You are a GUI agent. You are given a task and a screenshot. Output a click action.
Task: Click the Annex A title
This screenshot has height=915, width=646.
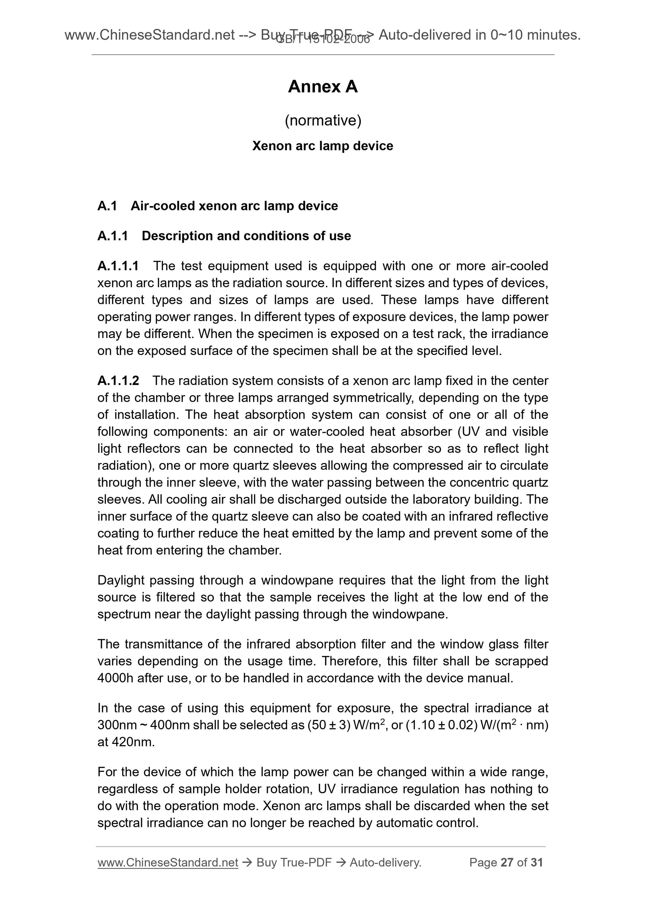point(322,87)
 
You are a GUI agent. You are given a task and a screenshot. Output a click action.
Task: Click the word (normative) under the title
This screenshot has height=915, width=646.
point(323,120)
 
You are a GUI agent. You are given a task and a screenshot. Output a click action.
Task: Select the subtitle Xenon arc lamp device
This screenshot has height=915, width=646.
point(322,146)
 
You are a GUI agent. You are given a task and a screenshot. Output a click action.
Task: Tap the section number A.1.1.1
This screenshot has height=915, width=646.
point(118,266)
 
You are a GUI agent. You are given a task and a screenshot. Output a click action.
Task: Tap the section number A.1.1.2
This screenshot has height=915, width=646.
point(118,381)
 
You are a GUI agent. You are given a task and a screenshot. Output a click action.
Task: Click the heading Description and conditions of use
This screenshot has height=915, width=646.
point(246,236)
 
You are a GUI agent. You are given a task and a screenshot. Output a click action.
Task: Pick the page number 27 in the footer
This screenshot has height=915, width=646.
point(507,862)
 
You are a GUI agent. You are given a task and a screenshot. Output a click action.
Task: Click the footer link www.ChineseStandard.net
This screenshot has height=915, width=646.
point(168,862)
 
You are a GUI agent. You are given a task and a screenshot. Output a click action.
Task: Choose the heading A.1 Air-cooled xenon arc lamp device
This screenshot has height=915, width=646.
point(217,206)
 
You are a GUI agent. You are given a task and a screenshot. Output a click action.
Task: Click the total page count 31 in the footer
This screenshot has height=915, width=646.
point(536,862)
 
